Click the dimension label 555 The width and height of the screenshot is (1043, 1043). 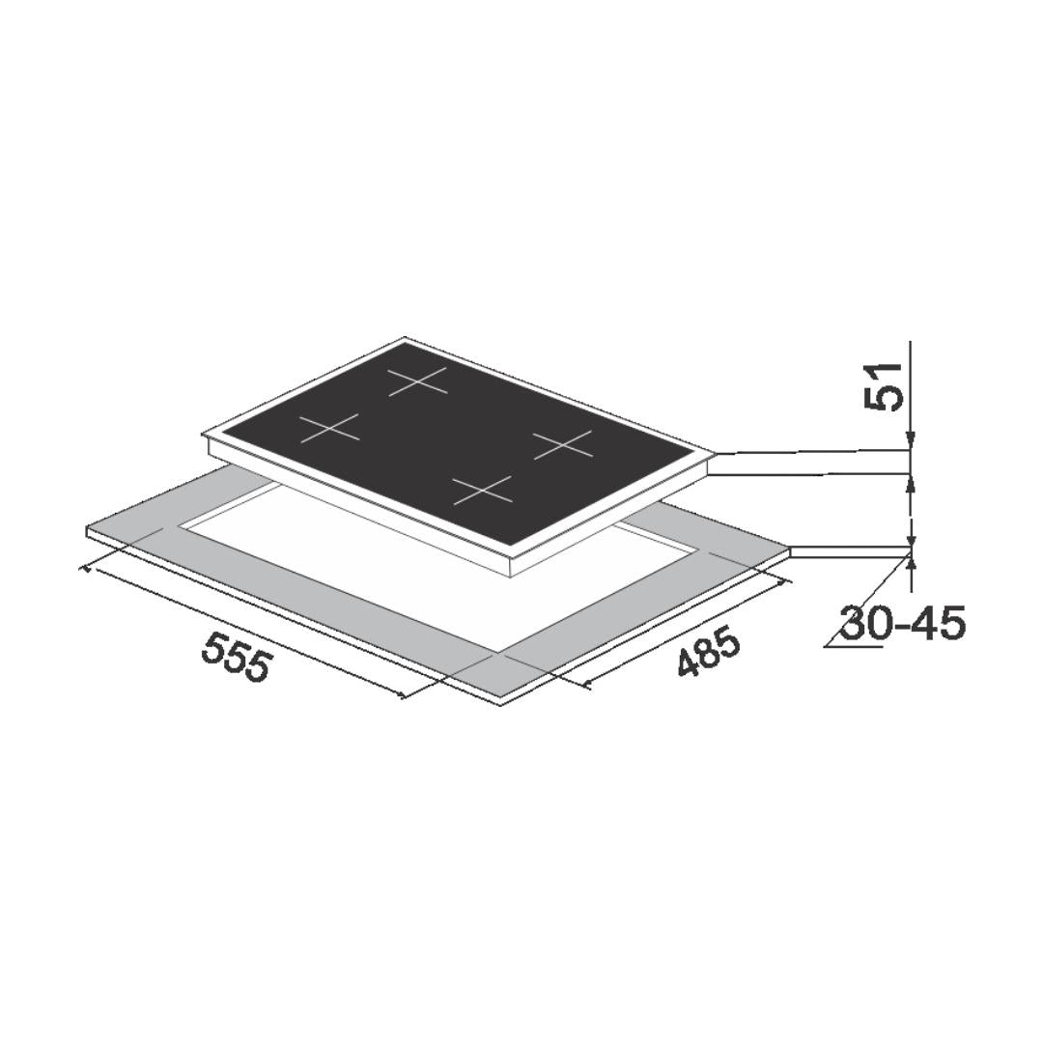click(x=238, y=657)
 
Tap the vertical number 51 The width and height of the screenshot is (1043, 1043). click(x=884, y=386)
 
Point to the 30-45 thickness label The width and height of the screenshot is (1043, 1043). click(x=902, y=624)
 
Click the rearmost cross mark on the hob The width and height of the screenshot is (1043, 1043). click(x=418, y=381)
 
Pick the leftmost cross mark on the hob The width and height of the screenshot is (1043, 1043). click(x=329, y=427)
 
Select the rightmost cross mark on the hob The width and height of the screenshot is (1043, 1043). click(x=563, y=444)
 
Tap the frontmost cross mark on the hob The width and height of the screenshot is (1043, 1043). click(x=483, y=490)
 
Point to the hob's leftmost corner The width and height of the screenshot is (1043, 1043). click(x=204, y=434)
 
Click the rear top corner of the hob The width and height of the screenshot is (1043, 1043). click(x=406, y=338)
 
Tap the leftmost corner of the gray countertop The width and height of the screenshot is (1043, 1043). click(x=87, y=529)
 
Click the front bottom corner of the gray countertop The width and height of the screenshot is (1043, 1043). click(x=500, y=703)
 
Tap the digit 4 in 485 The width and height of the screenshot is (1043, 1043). click(x=689, y=663)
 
